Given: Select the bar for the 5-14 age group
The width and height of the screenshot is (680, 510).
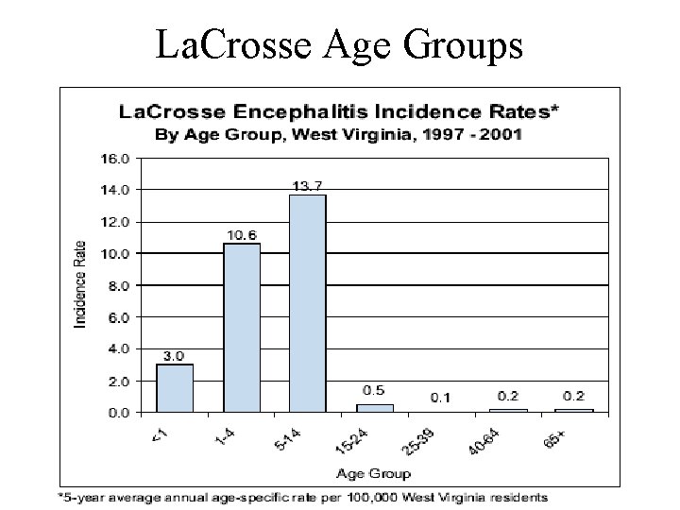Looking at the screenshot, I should coord(307,302).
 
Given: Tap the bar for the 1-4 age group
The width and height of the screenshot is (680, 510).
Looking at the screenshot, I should coord(242,327).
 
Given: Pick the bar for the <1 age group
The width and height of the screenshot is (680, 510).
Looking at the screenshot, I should coord(175,387).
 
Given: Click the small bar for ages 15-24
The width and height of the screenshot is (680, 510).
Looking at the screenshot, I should coord(374,408).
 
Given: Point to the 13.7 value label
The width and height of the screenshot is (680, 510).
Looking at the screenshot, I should coord(307,186).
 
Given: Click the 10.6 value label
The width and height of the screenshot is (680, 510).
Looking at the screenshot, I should coord(242,235).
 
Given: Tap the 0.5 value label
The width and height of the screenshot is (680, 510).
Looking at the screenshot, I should coord(374,391).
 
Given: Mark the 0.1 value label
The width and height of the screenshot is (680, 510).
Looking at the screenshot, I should coord(440,398).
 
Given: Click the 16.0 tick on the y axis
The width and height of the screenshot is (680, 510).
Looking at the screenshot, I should coord(116,158).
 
